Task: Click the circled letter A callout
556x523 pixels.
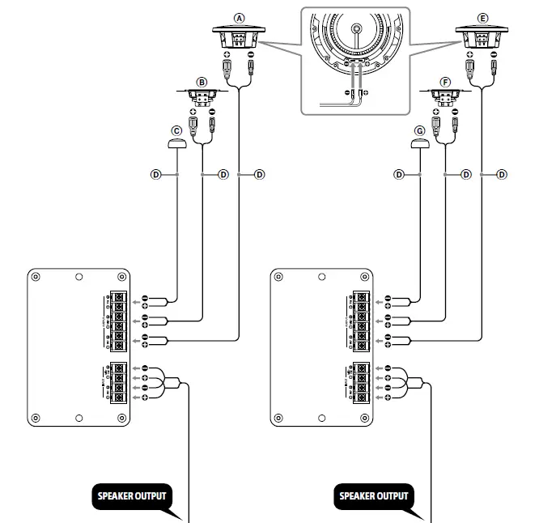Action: [238, 17]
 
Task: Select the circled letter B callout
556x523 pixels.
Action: [202, 82]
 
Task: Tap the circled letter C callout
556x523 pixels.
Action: [176, 130]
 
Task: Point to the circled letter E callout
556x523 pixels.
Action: [483, 17]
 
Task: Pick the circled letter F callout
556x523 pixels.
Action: [445, 82]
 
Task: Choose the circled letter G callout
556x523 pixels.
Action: [419, 130]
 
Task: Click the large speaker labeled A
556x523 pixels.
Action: [238, 38]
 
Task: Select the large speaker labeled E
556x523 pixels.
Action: [483, 38]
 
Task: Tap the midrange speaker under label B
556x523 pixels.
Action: [202, 98]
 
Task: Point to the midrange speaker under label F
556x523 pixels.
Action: [444, 98]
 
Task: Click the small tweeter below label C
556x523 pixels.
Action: [176, 144]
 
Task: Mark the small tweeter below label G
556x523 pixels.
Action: [419, 144]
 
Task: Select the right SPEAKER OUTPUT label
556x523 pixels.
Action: [374, 495]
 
